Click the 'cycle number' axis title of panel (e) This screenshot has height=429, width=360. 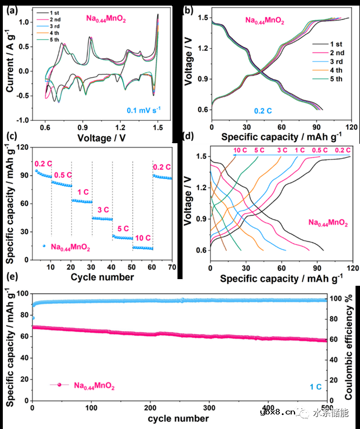[x=179, y=419]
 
